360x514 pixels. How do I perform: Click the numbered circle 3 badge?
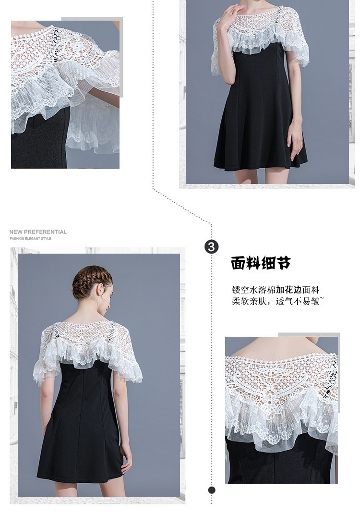coord(211,246)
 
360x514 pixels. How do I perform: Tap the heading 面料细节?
coord(261,263)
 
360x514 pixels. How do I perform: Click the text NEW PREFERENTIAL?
coord(38,232)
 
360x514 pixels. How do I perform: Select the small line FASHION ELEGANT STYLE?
coord(30,239)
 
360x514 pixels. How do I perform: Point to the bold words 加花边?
coord(288,290)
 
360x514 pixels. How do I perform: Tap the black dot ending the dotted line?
coord(212,490)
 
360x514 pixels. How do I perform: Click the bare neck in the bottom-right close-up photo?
coord(282,347)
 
